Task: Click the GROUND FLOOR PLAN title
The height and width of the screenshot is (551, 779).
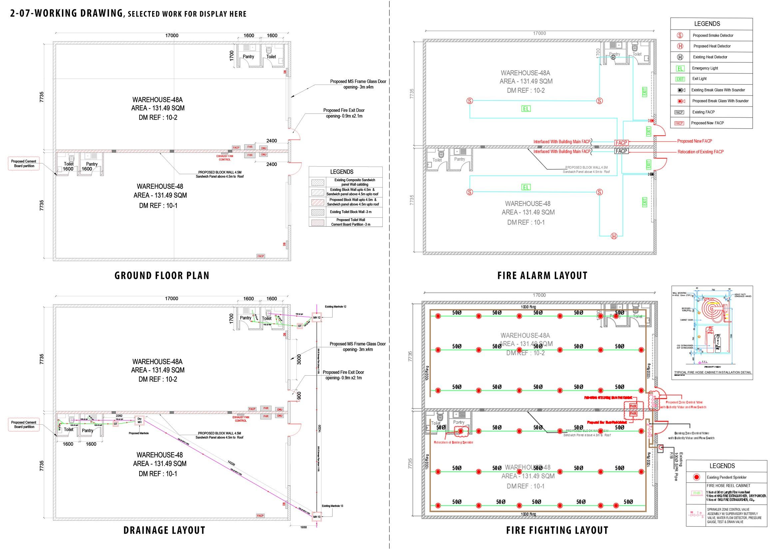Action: click(x=162, y=275)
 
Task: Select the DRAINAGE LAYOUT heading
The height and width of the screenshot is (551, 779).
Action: click(x=164, y=530)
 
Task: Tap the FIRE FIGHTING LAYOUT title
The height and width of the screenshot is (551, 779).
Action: click(x=557, y=530)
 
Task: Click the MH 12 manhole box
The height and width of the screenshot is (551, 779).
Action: click(x=316, y=318)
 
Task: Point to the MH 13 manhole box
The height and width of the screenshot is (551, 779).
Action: click(x=316, y=517)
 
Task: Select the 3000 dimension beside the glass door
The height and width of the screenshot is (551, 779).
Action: click(x=299, y=360)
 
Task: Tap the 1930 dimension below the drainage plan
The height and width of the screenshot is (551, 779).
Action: click(x=303, y=527)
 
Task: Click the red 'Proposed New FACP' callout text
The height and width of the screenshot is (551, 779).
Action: click(x=694, y=141)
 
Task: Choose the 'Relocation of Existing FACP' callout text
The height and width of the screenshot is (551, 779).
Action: click(x=700, y=152)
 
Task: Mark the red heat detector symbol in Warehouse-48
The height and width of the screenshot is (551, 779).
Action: click(x=614, y=237)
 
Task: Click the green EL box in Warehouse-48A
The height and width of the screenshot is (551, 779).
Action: click(x=526, y=109)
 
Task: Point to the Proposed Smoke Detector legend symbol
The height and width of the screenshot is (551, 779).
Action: click(x=680, y=36)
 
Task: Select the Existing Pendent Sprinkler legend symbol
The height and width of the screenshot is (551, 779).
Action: click(x=696, y=477)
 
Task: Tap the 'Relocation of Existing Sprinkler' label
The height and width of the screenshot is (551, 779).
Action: click(x=453, y=442)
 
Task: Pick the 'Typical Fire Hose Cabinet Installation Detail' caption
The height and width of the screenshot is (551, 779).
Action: click(x=712, y=372)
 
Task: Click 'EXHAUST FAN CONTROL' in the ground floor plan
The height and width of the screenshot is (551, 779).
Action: click(x=224, y=158)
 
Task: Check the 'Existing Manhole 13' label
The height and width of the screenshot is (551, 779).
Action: click(x=332, y=506)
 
